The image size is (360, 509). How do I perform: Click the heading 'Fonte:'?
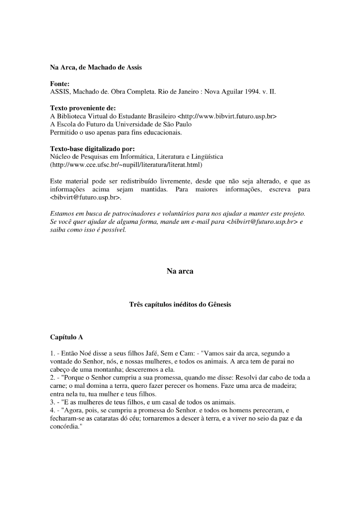60,84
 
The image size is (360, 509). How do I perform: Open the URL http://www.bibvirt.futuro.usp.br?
227,116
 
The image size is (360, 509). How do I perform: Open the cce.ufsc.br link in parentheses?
126,165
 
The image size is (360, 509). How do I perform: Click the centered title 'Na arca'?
180,271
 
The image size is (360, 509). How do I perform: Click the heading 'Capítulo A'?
67,337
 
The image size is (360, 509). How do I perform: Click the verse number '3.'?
53,402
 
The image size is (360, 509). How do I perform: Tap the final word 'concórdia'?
64,427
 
